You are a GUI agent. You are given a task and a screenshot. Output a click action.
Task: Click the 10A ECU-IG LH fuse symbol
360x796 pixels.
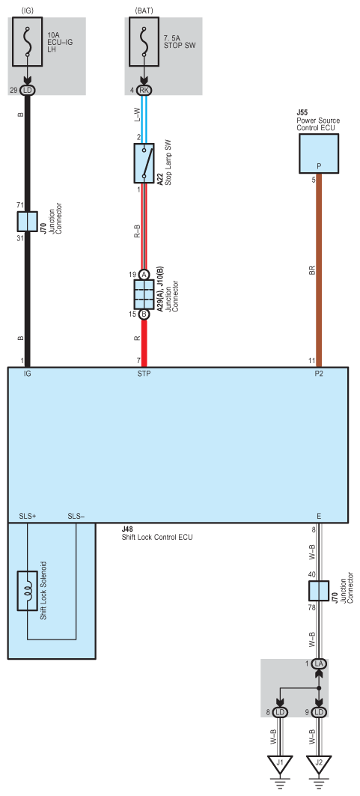coord(28,41)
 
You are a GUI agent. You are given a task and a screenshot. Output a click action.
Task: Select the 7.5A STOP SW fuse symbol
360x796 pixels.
coord(144,41)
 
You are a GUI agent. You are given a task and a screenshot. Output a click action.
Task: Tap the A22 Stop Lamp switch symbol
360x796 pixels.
coord(144,163)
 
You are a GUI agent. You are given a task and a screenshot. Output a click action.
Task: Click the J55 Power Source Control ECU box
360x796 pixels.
coord(319,154)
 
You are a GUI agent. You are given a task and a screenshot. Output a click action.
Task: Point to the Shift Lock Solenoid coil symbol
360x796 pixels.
coord(28,591)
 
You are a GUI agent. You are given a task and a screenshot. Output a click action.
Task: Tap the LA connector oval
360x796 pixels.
coord(319,663)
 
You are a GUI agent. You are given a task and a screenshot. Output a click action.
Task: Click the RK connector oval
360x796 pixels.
coord(144,91)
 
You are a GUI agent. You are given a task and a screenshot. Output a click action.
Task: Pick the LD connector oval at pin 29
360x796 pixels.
coord(28,91)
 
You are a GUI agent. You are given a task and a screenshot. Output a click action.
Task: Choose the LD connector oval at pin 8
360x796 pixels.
coord(279,712)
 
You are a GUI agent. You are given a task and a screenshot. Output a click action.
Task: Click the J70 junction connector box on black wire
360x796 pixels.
coord(28,222)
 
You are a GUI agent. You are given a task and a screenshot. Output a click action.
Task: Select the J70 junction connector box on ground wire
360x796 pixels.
coord(319,591)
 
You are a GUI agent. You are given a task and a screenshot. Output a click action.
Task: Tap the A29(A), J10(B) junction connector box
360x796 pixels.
coord(144,294)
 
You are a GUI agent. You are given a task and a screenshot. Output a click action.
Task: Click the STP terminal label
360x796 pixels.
coord(144,374)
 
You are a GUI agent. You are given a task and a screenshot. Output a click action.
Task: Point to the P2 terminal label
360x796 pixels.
coord(319,374)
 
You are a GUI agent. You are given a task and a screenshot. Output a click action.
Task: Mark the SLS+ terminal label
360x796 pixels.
coord(28,516)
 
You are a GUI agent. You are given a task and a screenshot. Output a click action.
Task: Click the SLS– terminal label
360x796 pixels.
coord(76,516)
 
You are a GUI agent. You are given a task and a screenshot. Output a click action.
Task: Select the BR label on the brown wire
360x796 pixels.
coord(312,272)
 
